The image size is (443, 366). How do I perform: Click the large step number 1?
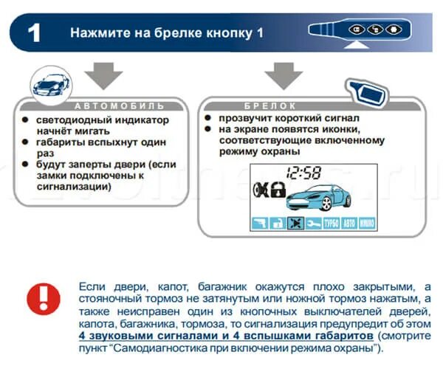point(33,33)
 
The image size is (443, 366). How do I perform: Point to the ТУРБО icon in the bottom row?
point(331,224)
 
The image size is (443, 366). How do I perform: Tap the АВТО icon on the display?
point(349,224)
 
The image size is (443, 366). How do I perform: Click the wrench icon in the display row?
point(313,224)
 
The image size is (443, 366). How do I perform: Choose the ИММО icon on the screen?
point(367,224)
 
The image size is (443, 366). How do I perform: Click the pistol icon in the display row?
point(259,224)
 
